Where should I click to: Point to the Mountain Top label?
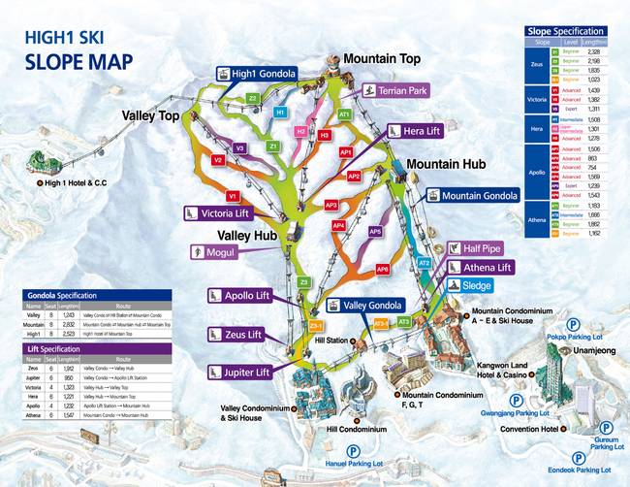tap(382, 59)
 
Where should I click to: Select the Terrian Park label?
tap(397, 90)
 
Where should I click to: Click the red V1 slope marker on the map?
tap(233, 196)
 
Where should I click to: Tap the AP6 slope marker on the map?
tap(383, 269)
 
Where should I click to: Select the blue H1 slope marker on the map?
tap(280, 113)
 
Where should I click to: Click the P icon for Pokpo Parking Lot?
tap(574, 324)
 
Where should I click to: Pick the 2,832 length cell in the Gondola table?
tap(67, 324)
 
